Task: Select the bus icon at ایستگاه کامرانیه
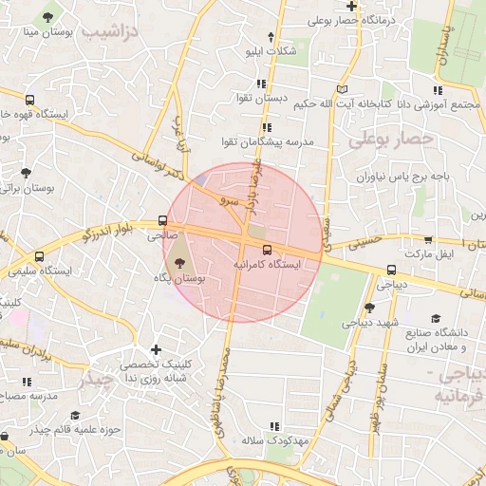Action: (x=265, y=251)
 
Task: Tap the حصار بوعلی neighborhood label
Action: (x=390, y=140)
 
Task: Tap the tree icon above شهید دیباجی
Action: (x=369, y=307)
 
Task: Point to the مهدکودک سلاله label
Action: (x=271, y=441)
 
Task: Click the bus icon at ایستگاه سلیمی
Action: (x=39, y=256)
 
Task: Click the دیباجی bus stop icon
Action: (x=393, y=269)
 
